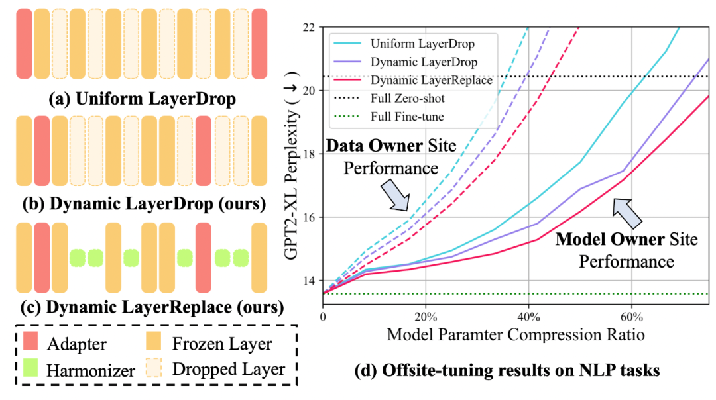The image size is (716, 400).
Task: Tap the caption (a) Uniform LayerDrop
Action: [141, 101]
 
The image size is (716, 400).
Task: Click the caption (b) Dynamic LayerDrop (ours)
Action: [141, 204]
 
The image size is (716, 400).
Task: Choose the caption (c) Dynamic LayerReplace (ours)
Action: [141, 307]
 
